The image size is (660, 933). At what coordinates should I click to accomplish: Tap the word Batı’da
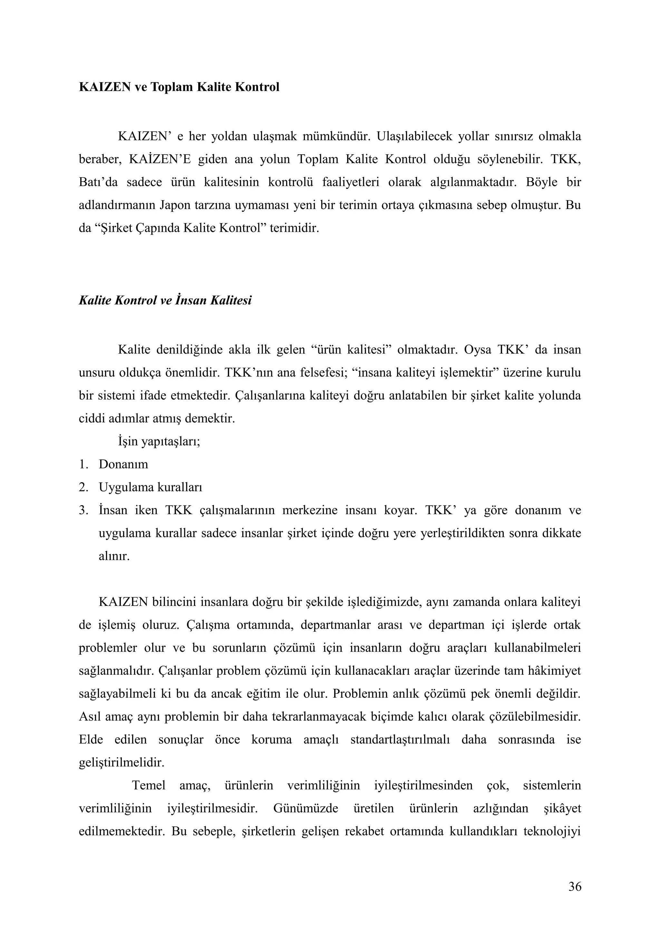pyautogui.click(x=98, y=183)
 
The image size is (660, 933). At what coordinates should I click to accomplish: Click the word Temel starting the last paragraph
pyautogui.click(x=149, y=785)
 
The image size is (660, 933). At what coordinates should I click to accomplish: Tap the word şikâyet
pyautogui.click(x=562, y=808)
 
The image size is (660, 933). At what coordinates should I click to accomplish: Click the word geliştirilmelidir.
pyautogui.click(x=121, y=762)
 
